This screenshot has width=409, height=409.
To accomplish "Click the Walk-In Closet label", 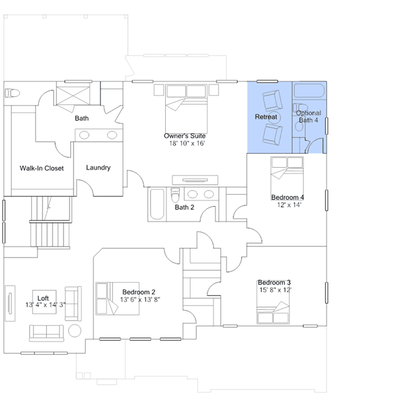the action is [x=42, y=168].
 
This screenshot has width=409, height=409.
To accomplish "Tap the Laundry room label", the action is [x=99, y=168].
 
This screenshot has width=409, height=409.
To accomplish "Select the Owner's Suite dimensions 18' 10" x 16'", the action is [x=187, y=143].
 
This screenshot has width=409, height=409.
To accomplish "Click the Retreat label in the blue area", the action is [x=266, y=117].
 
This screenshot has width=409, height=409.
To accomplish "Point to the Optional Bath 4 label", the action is [x=309, y=116].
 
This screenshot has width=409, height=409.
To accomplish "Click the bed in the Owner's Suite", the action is [x=186, y=109].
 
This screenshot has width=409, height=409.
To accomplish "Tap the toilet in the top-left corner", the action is [x=12, y=93].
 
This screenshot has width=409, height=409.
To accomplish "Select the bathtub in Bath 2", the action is [x=157, y=204].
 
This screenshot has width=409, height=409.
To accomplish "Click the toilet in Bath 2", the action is [x=175, y=195].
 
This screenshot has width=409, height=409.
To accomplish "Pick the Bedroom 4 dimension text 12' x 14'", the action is [x=289, y=205].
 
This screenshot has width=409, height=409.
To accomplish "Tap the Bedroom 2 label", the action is [x=139, y=292].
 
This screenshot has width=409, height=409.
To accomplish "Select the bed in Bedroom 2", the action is [x=117, y=299].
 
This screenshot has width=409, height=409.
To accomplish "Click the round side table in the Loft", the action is [x=75, y=330].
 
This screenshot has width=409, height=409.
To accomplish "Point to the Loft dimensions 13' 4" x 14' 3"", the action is [x=45, y=305].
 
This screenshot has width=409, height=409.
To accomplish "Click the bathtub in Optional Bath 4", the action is [x=309, y=90].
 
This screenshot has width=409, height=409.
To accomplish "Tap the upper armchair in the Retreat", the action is [x=272, y=100].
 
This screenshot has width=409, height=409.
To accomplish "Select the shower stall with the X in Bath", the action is [x=74, y=96].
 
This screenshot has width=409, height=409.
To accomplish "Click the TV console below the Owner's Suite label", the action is [x=195, y=180].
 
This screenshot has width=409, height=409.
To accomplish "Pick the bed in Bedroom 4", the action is [x=287, y=178].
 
